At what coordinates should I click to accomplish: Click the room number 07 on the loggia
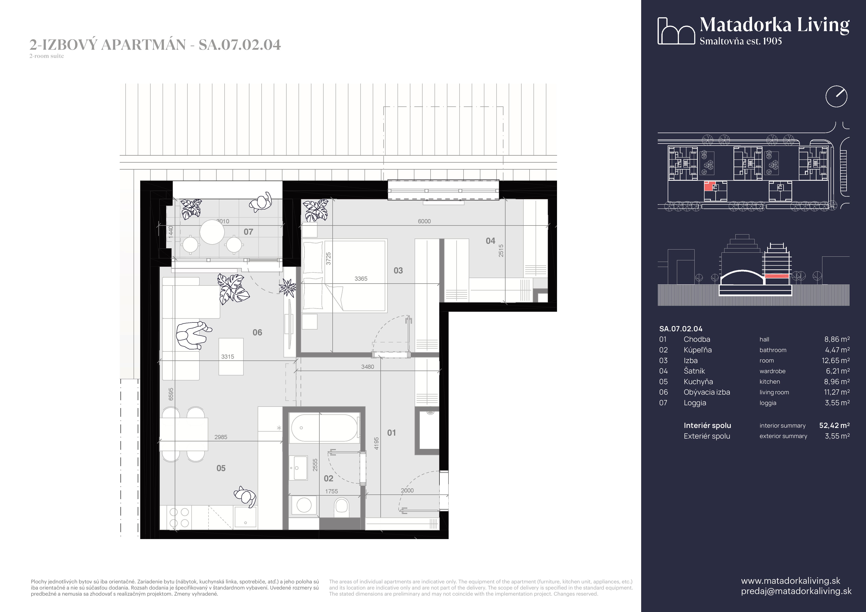pyautogui.click(x=248, y=232)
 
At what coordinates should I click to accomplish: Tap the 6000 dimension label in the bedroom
pyautogui.click(x=424, y=221)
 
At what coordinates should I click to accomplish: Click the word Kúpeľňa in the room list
pyautogui.click(x=697, y=350)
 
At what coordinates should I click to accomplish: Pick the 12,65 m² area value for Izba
pyautogui.click(x=835, y=360)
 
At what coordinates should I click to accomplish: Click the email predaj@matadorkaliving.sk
pyautogui.click(x=796, y=591)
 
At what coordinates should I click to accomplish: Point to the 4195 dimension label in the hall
pyautogui.click(x=376, y=443)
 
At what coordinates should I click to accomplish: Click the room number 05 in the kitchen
pyautogui.click(x=221, y=468)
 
